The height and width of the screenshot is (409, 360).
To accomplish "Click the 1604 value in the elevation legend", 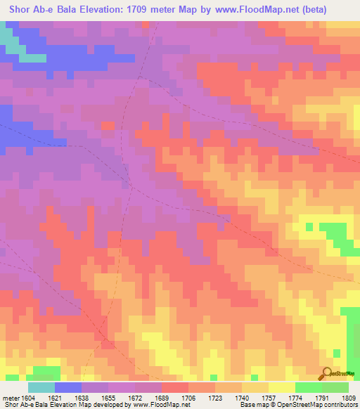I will [x=25, y=398].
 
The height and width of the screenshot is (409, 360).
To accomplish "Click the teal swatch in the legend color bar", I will [x=41, y=387].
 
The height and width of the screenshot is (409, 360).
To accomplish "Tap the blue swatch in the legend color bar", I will [x=67, y=387].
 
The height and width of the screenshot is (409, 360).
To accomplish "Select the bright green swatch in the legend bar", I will [x=308, y=387].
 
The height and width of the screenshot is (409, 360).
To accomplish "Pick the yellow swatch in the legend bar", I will [x=281, y=387].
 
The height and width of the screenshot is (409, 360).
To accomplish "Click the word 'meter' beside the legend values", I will [x=9, y=398].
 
